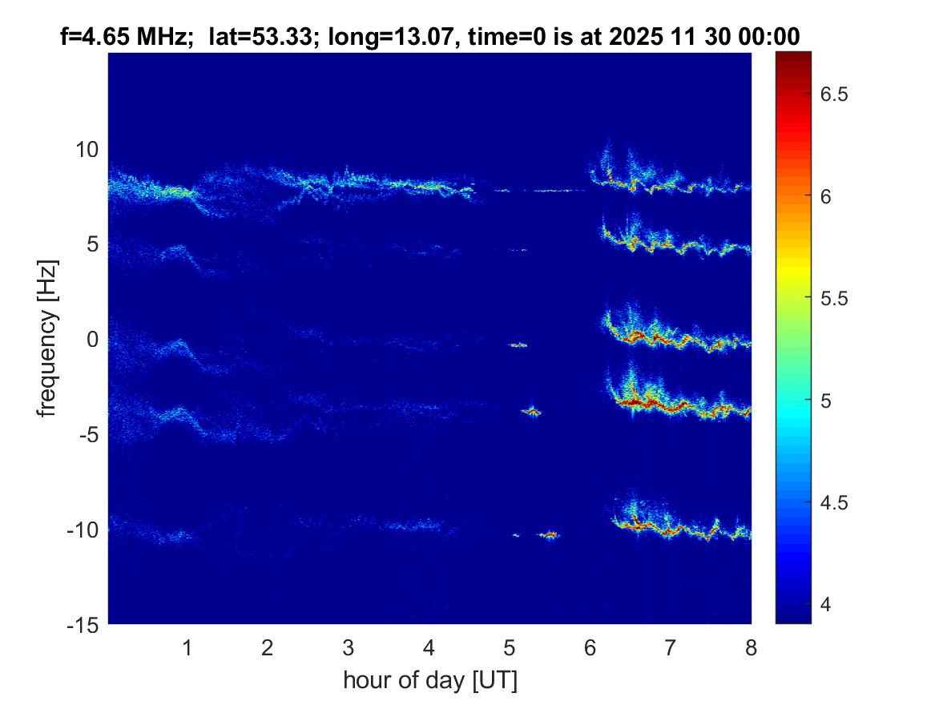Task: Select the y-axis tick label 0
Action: tap(91, 340)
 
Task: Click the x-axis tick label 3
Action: tap(348, 648)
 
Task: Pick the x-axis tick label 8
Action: tap(751, 648)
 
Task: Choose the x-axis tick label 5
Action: tap(510, 648)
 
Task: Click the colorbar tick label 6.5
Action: tap(839, 95)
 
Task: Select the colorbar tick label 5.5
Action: tap(839, 299)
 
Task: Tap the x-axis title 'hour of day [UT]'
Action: tap(429, 680)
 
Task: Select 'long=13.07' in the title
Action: tap(366, 35)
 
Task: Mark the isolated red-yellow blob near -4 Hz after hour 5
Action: tap(531, 412)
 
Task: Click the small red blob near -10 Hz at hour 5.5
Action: tap(550, 534)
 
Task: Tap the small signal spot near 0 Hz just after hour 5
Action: tap(518, 344)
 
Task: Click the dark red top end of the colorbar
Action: tap(793, 56)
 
